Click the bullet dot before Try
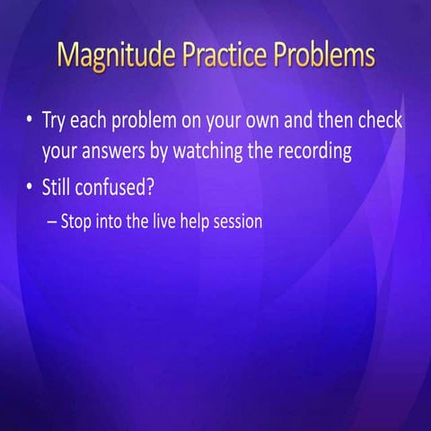point(30,120)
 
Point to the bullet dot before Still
point(30,188)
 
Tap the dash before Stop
point(51,221)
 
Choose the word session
point(240,221)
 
